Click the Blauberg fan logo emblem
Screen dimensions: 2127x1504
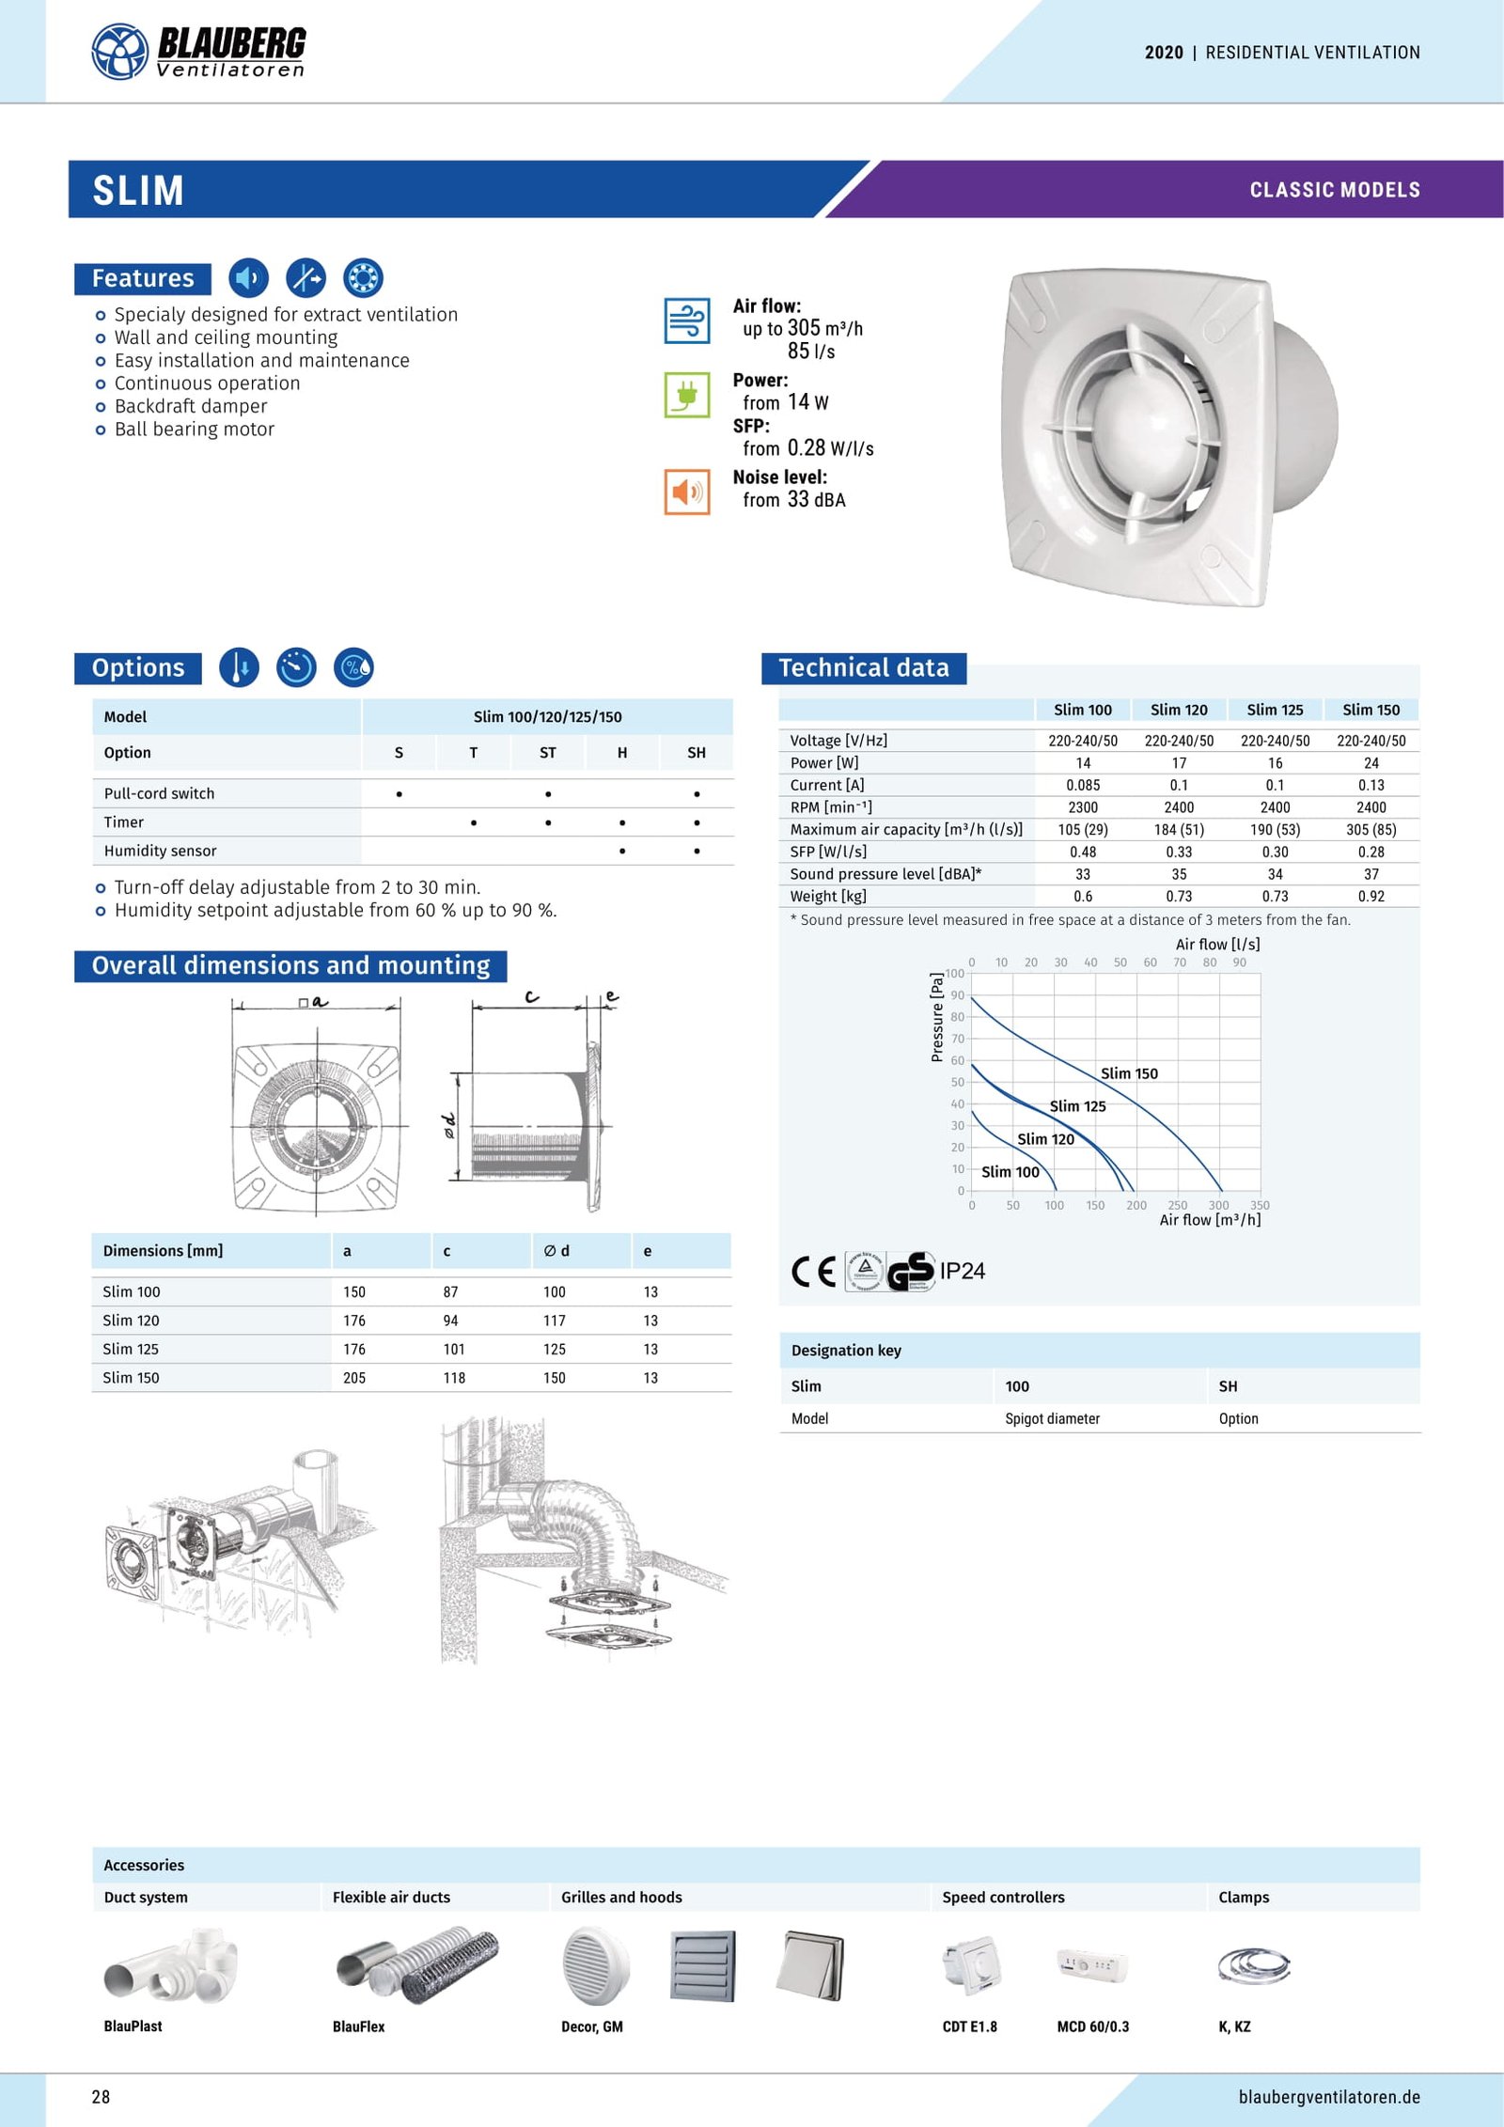(119, 52)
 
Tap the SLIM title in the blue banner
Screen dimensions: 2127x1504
(138, 191)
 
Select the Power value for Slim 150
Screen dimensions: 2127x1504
(1371, 763)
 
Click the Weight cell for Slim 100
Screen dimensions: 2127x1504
(1082, 897)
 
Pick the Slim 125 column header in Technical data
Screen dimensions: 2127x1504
(1275, 710)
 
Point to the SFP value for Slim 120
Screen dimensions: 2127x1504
(1178, 852)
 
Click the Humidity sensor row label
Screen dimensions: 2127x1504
(160, 851)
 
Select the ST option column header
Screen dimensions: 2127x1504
(547, 753)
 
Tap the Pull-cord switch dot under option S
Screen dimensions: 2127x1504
(399, 794)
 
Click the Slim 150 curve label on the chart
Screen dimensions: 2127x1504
(1129, 1073)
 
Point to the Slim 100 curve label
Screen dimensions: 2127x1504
(1010, 1172)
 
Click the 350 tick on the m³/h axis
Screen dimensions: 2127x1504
(1260, 1205)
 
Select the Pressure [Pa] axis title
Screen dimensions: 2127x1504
(936, 1017)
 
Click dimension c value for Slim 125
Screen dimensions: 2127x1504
(454, 1349)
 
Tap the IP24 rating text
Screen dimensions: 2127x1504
(962, 1271)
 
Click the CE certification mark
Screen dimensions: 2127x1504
(813, 1272)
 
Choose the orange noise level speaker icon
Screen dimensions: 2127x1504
(686, 492)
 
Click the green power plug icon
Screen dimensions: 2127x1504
(686, 395)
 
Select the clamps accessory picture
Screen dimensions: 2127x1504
(1252, 1965)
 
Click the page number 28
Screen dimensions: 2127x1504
(101, 2097)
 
